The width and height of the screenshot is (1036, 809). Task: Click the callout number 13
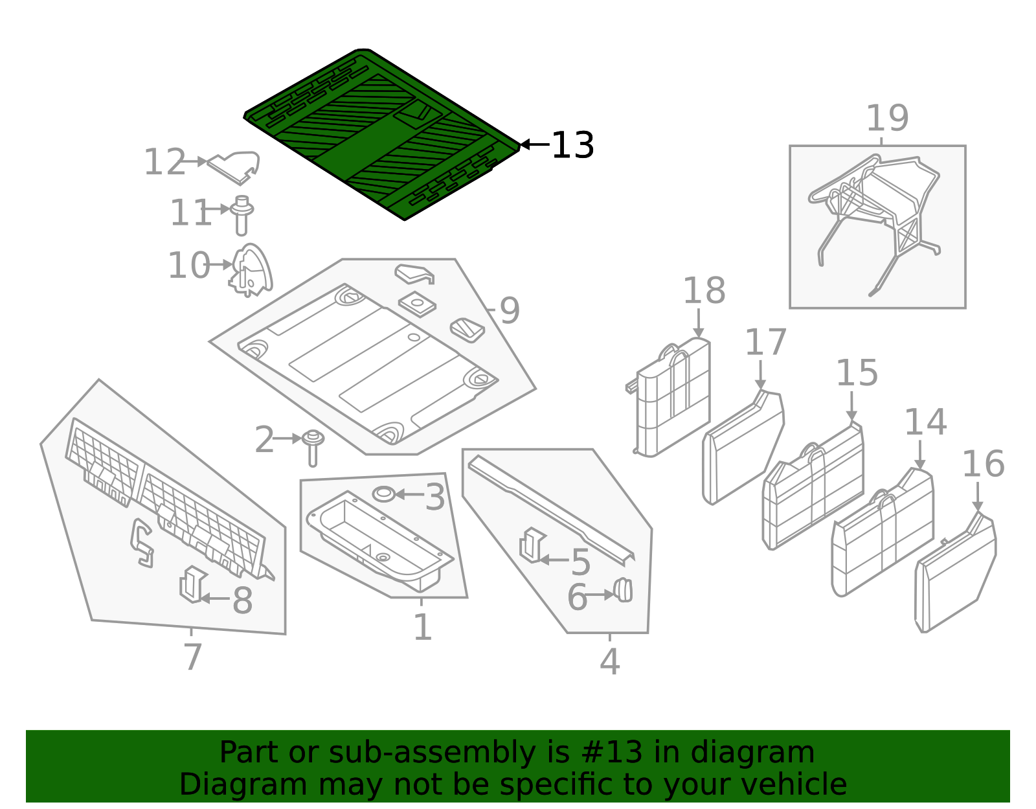[x=572, y=145]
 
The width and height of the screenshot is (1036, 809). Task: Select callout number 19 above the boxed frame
[x=887, y=119]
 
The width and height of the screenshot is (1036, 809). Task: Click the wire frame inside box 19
[x=874, y=207]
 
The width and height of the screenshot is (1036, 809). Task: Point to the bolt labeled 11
[x=242, y=216]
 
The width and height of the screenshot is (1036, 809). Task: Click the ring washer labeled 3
[x=383, y=494]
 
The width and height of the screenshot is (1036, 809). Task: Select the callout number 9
[x=510, y=311]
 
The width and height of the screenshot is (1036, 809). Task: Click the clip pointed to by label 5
[x=532, y=545]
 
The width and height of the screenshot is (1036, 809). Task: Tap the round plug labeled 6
[x=623, y=589]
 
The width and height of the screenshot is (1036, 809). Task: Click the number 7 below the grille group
[x=192, y=657]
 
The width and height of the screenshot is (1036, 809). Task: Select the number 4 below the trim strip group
[x=609, y=661]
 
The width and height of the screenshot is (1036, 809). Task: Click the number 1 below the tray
[x=422, y=627]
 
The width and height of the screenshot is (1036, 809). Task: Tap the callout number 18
[x=704, y=291]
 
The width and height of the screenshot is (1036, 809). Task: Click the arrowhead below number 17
[x=760, y=385]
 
